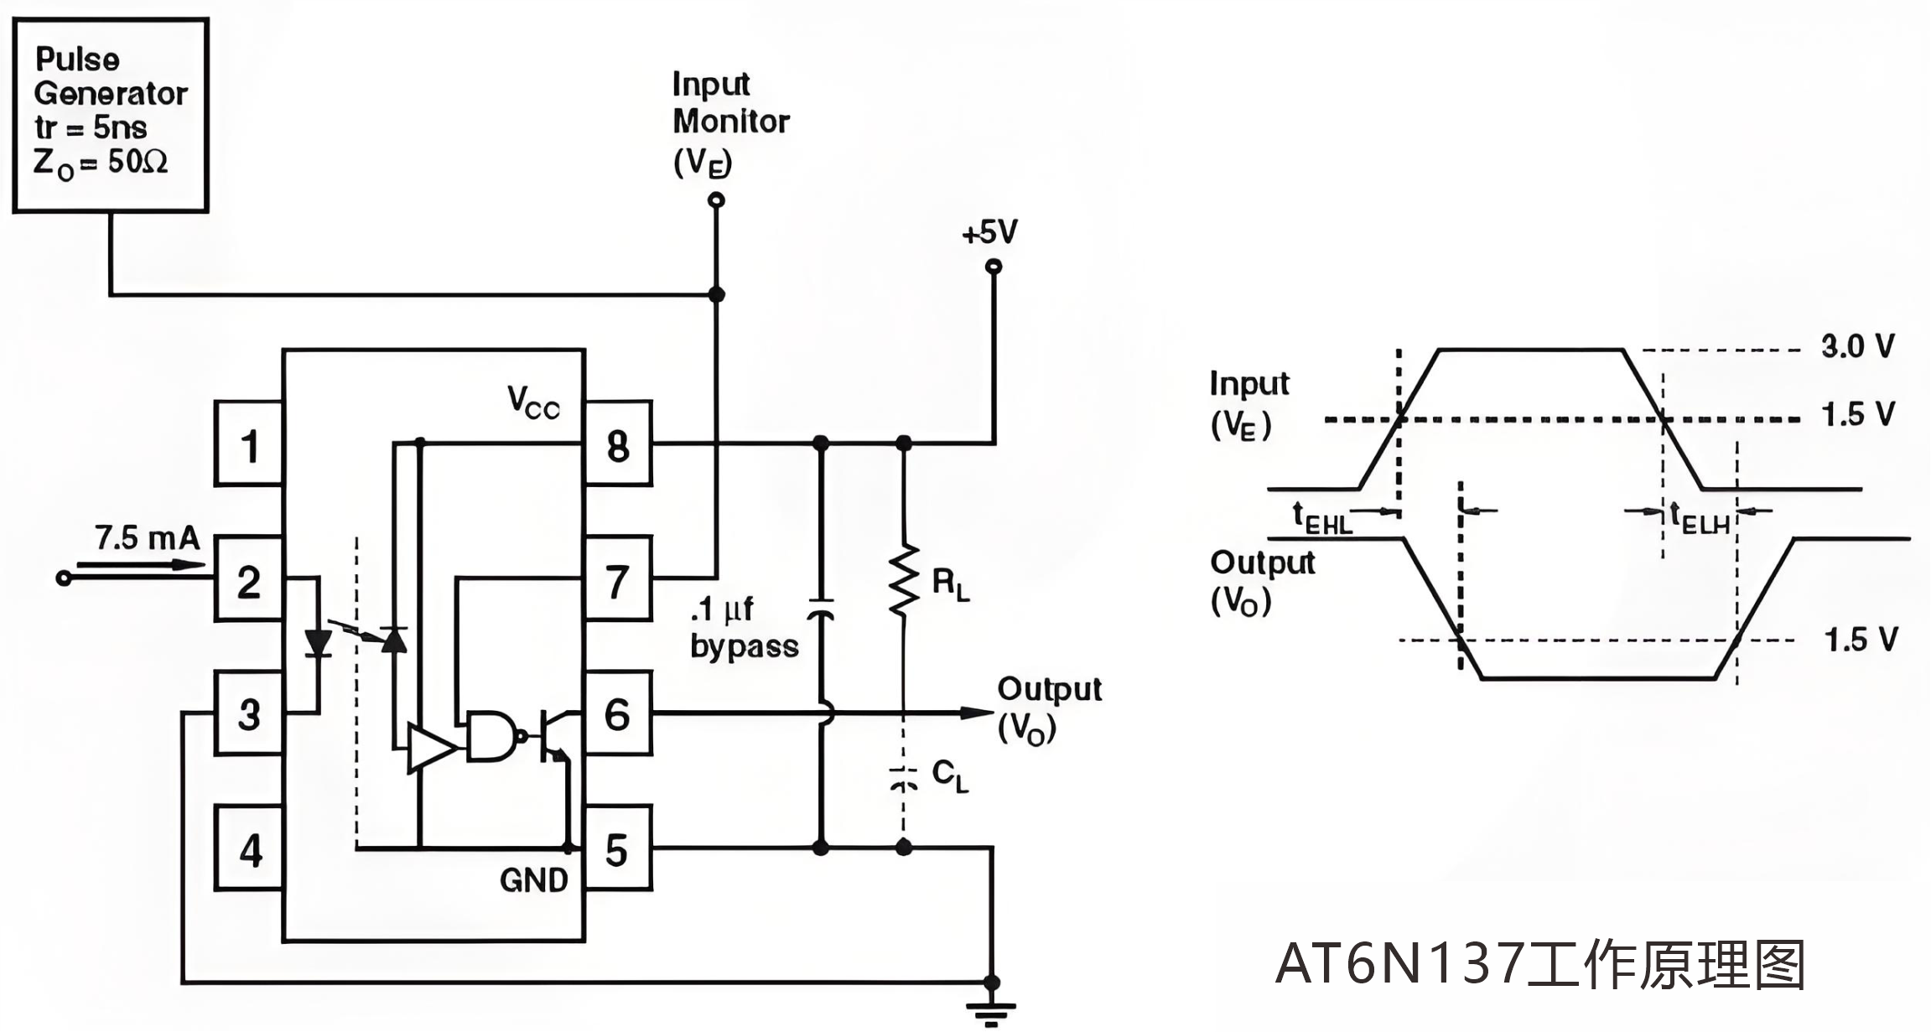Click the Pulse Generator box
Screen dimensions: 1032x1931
tap(110, 115)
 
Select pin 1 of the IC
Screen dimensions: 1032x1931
tap(249, 444)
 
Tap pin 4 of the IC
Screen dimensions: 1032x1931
tap(249, 848)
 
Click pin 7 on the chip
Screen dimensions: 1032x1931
tap(618, 580)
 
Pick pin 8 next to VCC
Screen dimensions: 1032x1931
tap(618, 444)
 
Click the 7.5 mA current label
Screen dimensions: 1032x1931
tap(147, 537)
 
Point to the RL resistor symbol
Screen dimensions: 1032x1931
tap(904, 581)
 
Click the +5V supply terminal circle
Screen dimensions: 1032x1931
tap(994, 267)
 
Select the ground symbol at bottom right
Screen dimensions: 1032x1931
tap(992, 1011)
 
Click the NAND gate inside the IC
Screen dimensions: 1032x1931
tap(491, 736)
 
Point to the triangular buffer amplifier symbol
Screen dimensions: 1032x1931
tap(429, 747)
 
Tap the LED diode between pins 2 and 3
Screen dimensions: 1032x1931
tap(318, 642)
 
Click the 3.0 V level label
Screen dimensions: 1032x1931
tap(1857, 346)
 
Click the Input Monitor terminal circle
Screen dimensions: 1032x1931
tap(715, 200)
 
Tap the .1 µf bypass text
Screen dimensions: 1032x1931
tap(744, 628)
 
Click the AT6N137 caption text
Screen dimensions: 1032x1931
tap(1539, 964)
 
